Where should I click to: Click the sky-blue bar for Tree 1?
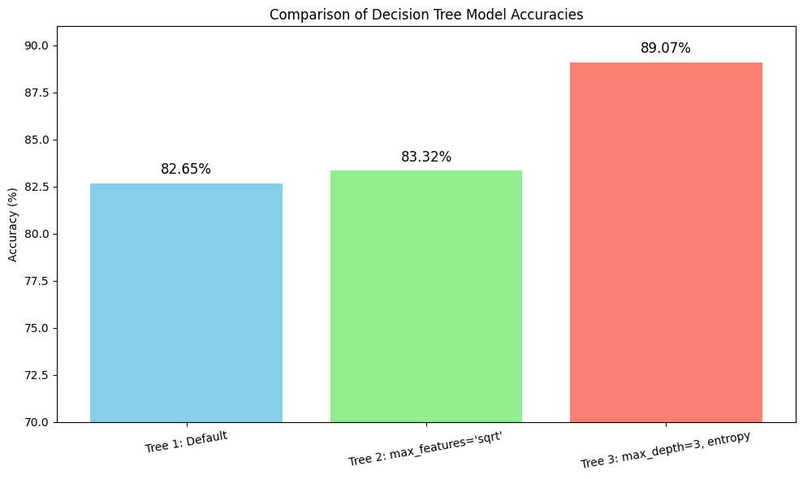[x=186, y=303]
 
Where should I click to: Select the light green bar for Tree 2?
[x=426, y=296]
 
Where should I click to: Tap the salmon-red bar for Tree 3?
[x=666, y=242]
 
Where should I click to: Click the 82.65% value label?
[x=186, y=169]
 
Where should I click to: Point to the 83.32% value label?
[x=426, y=157]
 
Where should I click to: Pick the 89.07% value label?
[x=666, y=48]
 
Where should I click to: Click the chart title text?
[x=426, y=15]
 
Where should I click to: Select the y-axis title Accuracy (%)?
[x=13, y=224]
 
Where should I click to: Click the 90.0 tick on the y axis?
[x=37, y=45]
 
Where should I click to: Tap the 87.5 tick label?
[x=37, y=93]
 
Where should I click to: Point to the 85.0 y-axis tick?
[x=37, y=140]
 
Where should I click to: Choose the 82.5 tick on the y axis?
[x=37, y=187]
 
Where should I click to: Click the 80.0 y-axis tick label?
[x=37, y=234]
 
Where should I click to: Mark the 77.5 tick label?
[x=37, y=281]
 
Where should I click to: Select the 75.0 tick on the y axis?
[x=37, y=328]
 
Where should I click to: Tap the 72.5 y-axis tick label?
[x=37, y=375]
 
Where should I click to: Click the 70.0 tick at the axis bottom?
[x=37, y=422]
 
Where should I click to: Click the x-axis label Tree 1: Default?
[x=186, y=442]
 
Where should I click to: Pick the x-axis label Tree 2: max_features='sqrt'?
[x=425, y=448]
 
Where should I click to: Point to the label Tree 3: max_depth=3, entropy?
[x=665, y=450]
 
